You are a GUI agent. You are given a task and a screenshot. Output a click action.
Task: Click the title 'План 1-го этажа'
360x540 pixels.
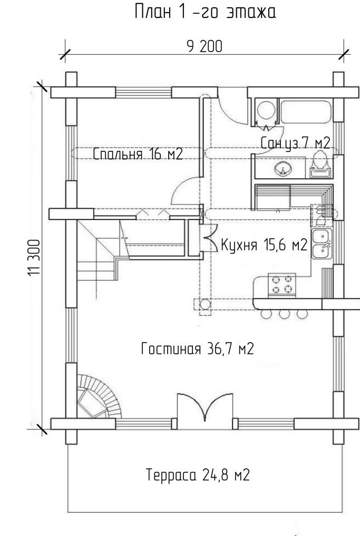click(x=205, y=12)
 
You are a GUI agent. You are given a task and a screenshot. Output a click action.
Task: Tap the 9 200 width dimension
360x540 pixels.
click(x=205, y=46)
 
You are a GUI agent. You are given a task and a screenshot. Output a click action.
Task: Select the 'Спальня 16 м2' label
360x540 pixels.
click(x=138, y=154)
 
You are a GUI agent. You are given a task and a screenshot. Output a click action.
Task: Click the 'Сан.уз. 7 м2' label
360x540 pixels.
click(x=295, y=143)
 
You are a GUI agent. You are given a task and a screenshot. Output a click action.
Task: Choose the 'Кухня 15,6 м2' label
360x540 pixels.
click(x=264, y=245)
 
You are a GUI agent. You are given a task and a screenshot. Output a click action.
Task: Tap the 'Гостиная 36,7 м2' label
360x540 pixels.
click(x=198, y=349)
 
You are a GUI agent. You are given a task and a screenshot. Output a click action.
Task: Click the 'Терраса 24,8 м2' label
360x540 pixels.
click(x=198, y=475)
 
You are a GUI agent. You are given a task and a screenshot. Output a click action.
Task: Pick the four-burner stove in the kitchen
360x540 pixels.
click(x=281, y=284)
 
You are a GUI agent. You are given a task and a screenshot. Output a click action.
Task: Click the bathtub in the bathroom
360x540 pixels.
click(x=306, y=111)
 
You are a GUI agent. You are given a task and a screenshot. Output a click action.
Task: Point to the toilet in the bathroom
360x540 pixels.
click(x=321, y=165)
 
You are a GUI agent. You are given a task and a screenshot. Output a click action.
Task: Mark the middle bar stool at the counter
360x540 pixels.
click(x=284, y=314)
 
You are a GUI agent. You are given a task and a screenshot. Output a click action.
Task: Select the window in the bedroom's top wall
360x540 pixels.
click(x=143, y=93)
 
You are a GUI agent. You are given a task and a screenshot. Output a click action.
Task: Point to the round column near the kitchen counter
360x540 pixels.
click(x=205, y=304)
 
